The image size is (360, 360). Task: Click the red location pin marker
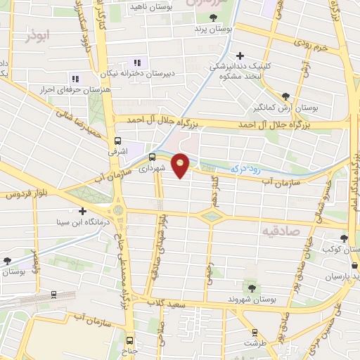(x=181, y=165)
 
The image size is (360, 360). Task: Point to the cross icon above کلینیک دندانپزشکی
(x=241, y=55)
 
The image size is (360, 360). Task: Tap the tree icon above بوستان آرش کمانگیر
(x=285, y=97)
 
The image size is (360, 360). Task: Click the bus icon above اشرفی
(x=118, y=140)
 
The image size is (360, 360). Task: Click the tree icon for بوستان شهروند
(x=252, y=288)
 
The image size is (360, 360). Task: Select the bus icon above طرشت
(x=255, y=333)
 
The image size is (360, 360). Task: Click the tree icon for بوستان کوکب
(x=344, y=238)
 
